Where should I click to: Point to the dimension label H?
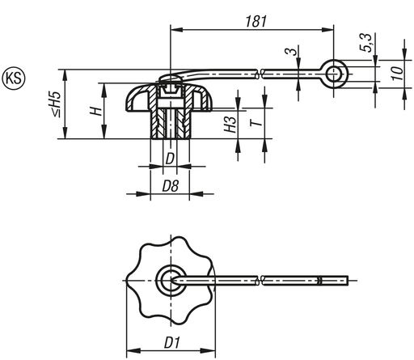point(96,111)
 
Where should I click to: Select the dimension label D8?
point(170,187)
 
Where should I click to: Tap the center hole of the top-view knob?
point(169,280)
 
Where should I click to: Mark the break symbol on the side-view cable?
point(260,75)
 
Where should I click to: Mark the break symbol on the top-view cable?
point(260,281)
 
